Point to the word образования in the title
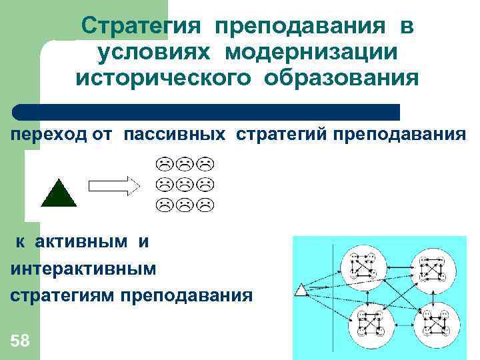341,78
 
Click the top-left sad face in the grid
162,164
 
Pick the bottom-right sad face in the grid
207,204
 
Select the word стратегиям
63,295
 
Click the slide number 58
21,341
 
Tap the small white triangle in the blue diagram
301,290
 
